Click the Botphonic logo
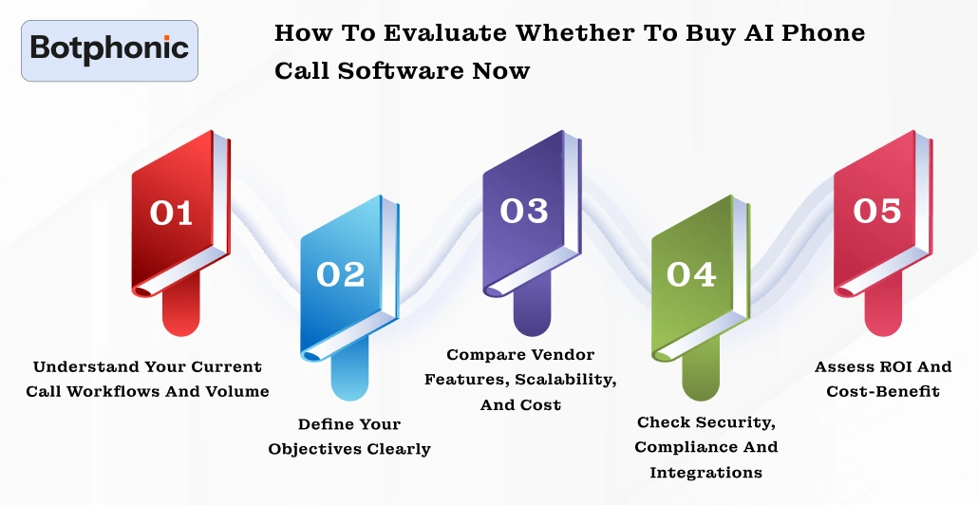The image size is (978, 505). coord(109,49)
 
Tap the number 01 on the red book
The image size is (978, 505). coord(172,213)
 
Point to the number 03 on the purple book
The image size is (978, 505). coord(524,211)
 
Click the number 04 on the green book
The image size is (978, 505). coord(691,273)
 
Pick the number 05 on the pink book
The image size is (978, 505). coord(876,211)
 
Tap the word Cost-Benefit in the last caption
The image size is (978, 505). coord(883,391)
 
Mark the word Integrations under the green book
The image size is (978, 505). coord(706,472)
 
